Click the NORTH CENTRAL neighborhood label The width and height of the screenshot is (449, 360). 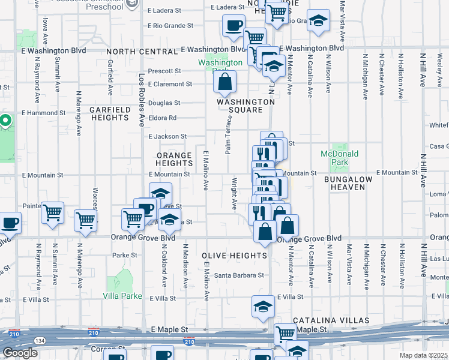(142, 52)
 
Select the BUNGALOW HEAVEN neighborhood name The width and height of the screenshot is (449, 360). (348, 184)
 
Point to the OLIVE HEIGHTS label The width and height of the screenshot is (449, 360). (235, 256)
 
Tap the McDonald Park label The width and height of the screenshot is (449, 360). (339, 158)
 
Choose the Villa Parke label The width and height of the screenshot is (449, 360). (122, 296)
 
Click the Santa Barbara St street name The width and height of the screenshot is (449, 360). (240, 275)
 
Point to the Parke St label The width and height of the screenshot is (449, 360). (125, 255)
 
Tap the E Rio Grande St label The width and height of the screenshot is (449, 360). (171, 26)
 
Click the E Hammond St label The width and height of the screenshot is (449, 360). (43, 112)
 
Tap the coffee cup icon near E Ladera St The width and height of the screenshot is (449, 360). (234, 26)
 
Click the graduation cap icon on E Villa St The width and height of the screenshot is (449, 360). (263, 307)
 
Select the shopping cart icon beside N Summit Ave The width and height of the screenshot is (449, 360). (53, 212)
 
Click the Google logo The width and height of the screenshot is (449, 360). (20, 353)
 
